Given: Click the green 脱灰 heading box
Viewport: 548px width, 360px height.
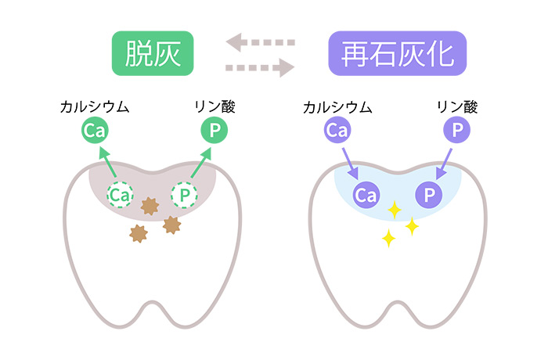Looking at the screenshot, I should [153, 53].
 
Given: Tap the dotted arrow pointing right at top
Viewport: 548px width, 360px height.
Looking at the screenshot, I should [259, 67].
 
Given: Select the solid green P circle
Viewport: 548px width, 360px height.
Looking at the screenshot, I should [212, 131].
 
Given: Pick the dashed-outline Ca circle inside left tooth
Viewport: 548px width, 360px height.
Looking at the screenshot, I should [120, 195].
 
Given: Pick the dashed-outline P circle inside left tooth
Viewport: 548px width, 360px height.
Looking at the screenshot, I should [185, 195].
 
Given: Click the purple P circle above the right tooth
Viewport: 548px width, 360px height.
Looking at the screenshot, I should [454, 131].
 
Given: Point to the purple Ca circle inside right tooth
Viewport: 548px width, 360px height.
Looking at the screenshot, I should [366, 196].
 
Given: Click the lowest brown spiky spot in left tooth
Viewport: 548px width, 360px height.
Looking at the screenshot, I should [139, 233].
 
